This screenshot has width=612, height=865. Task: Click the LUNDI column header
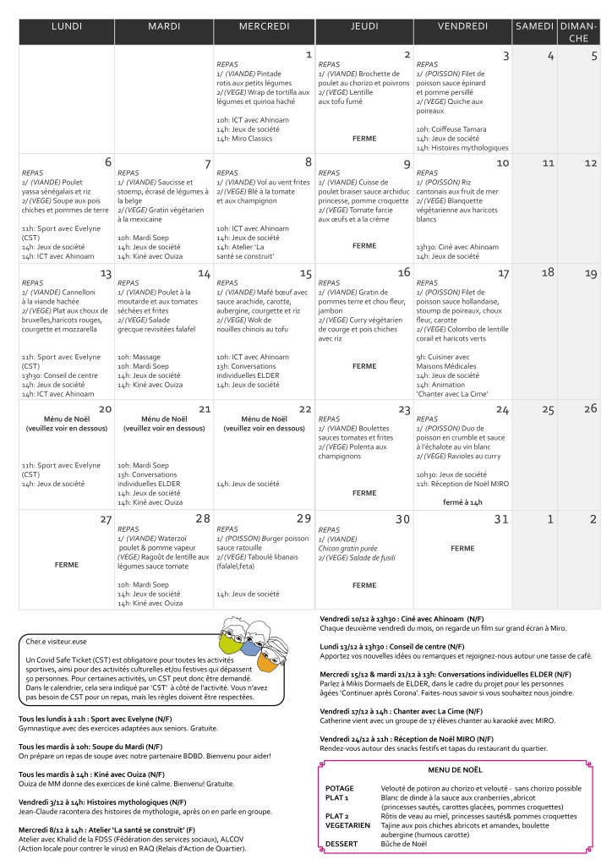[x=67, y=27]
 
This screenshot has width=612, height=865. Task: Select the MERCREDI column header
[x=265, y=27]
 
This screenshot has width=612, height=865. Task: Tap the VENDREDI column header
[x=462, y=27]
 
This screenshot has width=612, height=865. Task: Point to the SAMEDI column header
[x=533, y=27]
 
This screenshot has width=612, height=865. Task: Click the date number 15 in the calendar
[x=305, y=274]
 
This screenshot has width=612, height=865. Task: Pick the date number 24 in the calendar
[x=502, y=409]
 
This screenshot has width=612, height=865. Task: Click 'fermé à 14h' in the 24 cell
[x=463, y=501]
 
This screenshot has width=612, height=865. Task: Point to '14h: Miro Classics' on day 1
[x=244, y=138]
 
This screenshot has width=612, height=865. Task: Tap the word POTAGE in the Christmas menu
[x=340, y=788]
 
